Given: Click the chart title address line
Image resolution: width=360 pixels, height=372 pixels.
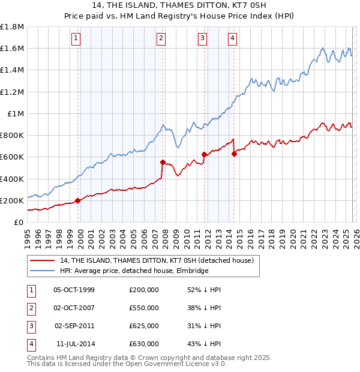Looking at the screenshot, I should pyautogui.click(x=179, y=5).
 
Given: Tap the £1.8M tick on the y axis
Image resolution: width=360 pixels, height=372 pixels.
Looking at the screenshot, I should pyautogui.click(x=12, y=27).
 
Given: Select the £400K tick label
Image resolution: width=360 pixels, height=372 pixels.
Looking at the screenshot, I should pyautogui.click(x=12, y=179).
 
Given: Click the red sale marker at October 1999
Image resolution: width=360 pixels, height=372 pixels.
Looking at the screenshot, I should pyautogui.click(x=78, y=200).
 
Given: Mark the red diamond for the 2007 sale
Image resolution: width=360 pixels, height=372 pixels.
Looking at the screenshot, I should pyautogui.click(x=163, y=162).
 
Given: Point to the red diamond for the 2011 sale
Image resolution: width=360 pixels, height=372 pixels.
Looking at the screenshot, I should pyautogui.click(x=205, y=154).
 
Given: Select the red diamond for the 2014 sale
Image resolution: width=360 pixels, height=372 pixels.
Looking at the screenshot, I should pyautogui.click(x=235, y=154).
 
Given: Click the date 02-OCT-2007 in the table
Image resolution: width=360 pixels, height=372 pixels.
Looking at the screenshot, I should pyautogui.click(x=74, y=308).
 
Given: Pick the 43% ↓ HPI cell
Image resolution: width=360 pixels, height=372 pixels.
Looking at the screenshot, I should pyautogui.click(x=204, y=344).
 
